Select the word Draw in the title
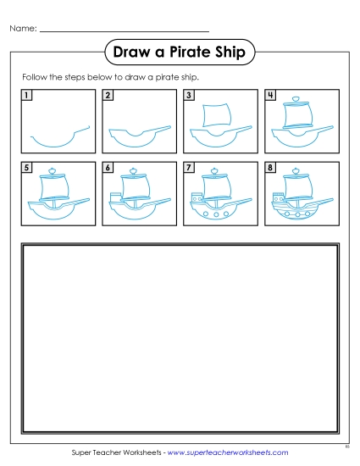(x=134, y=53)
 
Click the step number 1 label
(x=28, y=95)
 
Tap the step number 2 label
(x=108, y=95)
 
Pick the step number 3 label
(x=188, y=95)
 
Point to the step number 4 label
(x=269, y=95)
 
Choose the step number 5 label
(x=28, y=168)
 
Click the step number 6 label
(x=108, y=168)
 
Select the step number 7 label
(x=188, y=168)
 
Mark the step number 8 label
(x=269, y=168)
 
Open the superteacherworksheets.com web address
(x=228, y=453)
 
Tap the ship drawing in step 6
(x=137, y=198)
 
